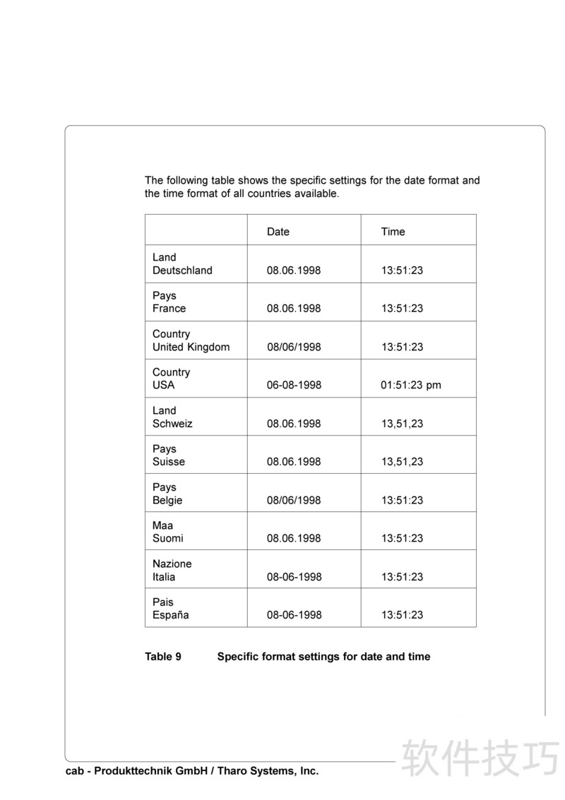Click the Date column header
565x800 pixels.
coord(278,232)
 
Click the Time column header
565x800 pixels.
coord(393,232)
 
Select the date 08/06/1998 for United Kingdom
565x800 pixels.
coord(294,347)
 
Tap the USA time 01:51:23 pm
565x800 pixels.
coord(411,386)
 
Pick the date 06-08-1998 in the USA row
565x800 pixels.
coord(294,386)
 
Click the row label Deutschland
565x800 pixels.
coord(182,270)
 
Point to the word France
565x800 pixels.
coord(169,309)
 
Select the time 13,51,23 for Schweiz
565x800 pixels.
coord(403,424)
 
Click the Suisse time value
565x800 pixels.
coord(403,462)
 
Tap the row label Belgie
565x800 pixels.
coord(167,501)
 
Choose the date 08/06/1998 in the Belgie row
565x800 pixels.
coord(294,501)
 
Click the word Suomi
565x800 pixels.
coord(168,539)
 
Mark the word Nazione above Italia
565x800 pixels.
coord(172,564)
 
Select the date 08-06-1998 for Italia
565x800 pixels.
coord(294,577)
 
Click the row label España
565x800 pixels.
coord(171,615)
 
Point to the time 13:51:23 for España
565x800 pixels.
coord(403,615)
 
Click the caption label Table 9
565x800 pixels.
coord(163,657)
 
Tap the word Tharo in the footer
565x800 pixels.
coord(238,772)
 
